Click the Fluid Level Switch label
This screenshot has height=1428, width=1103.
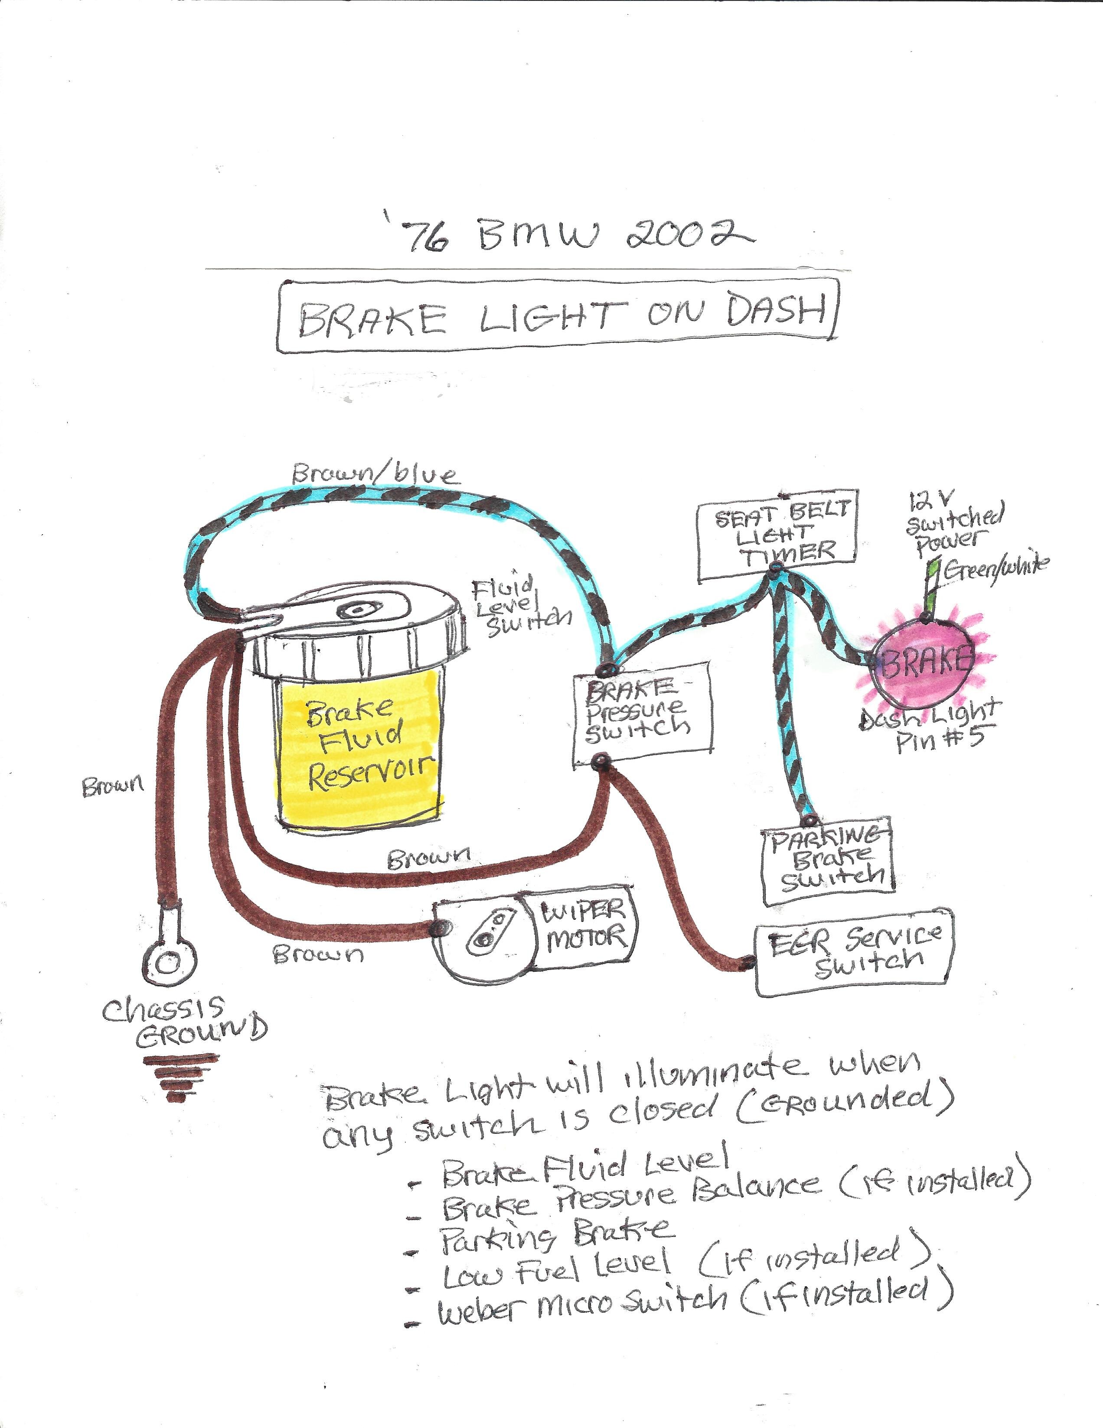click(521, 605)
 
